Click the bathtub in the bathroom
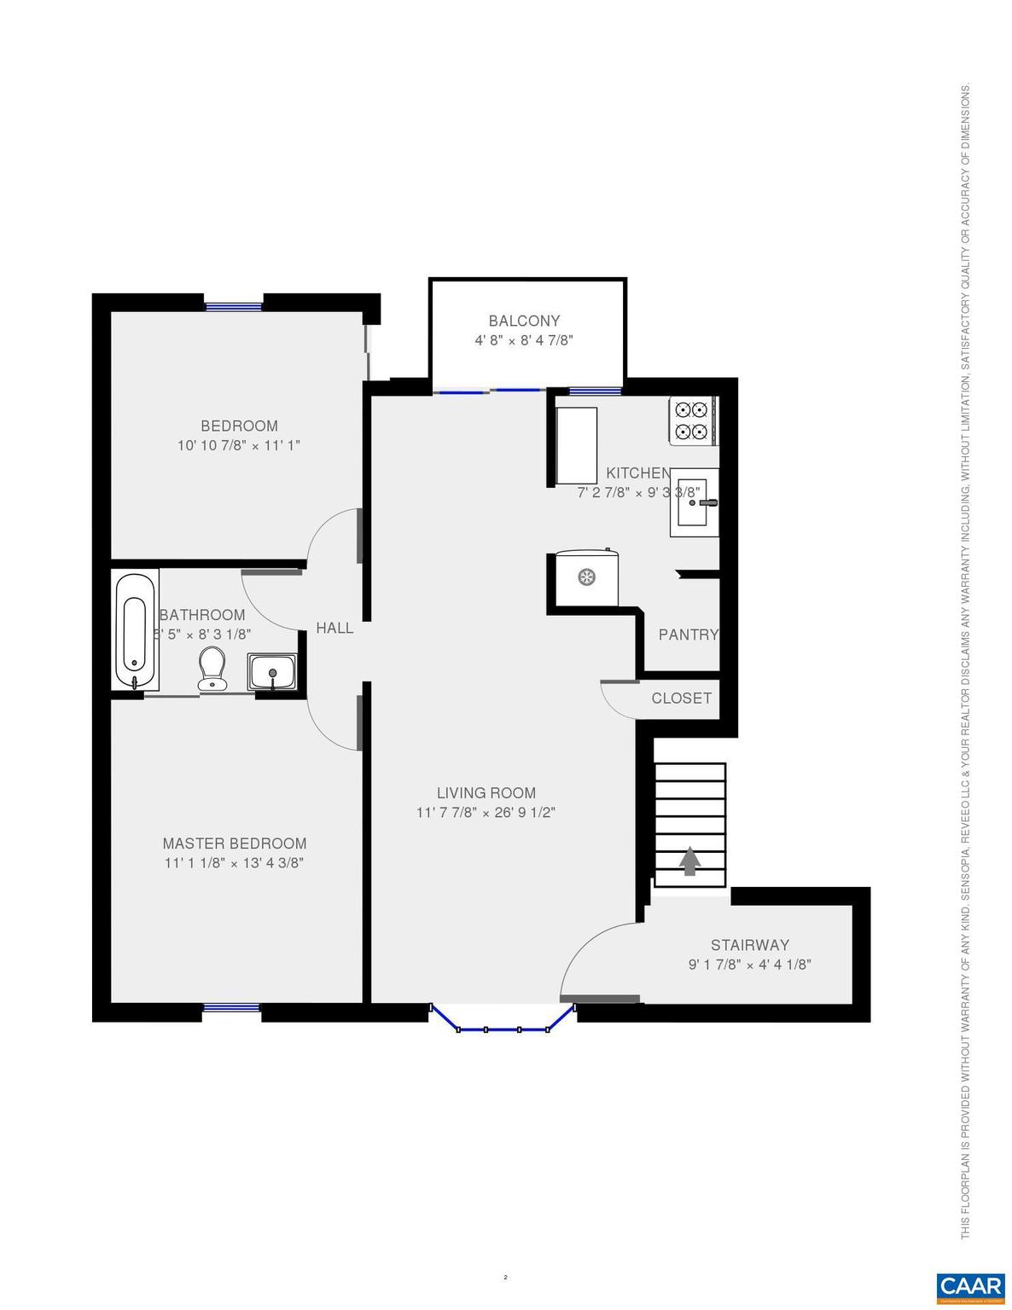point(136,630)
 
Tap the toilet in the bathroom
point(212,668)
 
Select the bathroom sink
point(272,671)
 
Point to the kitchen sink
point(694,502)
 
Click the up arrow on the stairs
point(689,861)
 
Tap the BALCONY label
point(524,321)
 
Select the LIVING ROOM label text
point(486,793)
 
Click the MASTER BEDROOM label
point(235,843)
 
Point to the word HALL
point(334,628)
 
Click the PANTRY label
point(688,635)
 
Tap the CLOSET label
point(681,698)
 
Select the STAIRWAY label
point(750,945)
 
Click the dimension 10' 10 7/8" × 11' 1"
point(239,445)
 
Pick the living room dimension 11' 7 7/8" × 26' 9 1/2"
point(486,813)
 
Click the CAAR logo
point(970,1285)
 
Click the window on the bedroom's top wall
point(233,304)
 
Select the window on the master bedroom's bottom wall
point(231,1008)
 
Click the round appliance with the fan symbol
point(586,577)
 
